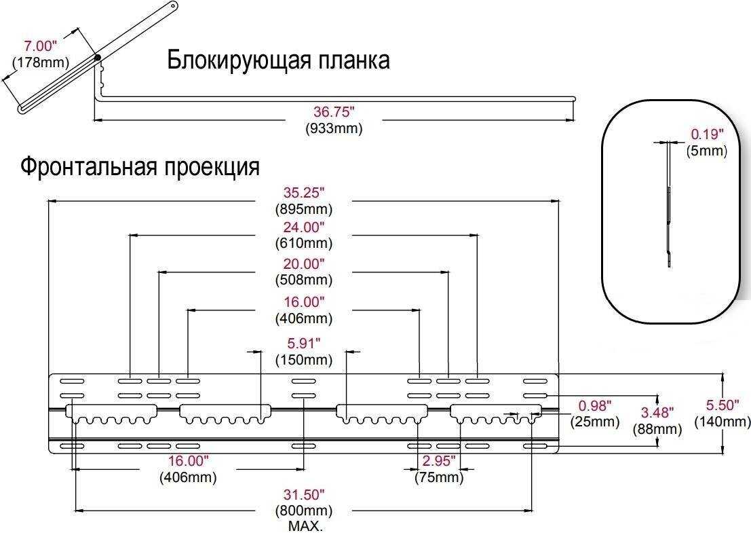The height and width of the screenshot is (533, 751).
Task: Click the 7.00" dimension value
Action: coord(40,46)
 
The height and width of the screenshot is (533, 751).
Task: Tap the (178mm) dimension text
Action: coord(40,62)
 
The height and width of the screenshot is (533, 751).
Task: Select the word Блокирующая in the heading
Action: coord(235,61)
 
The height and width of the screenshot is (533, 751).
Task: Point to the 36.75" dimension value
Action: coord(334,111)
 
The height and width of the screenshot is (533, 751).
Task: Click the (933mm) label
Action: coord(334,128)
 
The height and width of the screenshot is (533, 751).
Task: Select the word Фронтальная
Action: coord(88,166)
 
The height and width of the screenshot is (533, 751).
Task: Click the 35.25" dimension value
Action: coord(304,193)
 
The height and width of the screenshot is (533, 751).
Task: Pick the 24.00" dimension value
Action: coord(304,227)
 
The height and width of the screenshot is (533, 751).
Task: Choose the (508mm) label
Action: coord(304,280)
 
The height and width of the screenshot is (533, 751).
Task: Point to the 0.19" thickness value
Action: coord(708,134)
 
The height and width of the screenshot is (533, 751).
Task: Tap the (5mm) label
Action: coord(706,151)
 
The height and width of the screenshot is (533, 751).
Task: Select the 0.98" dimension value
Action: coord(595,405)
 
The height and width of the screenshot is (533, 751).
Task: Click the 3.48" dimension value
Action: coord(657,412)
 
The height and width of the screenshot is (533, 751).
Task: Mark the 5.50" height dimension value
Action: coord(723,405)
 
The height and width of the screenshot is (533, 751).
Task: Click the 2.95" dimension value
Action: coord(439,461)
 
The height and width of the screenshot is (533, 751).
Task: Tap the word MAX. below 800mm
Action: coord(305,526)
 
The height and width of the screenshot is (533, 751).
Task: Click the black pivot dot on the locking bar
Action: coord(98,58)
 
